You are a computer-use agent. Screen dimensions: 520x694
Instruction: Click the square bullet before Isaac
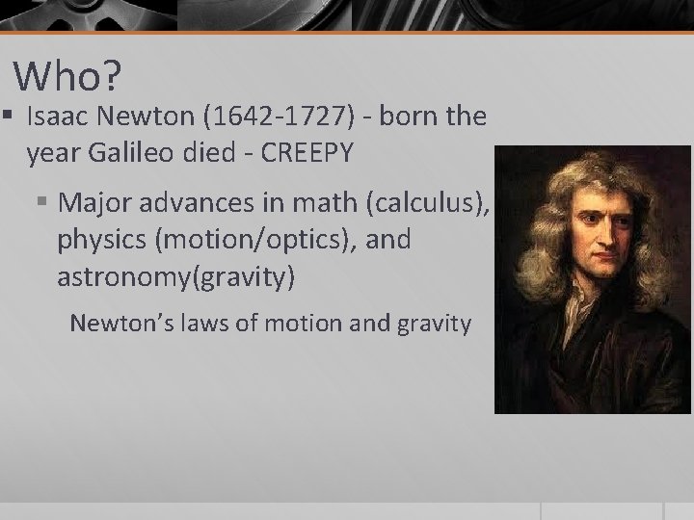click(7, 117)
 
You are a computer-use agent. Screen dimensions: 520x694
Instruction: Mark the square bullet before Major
click(42, 204)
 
